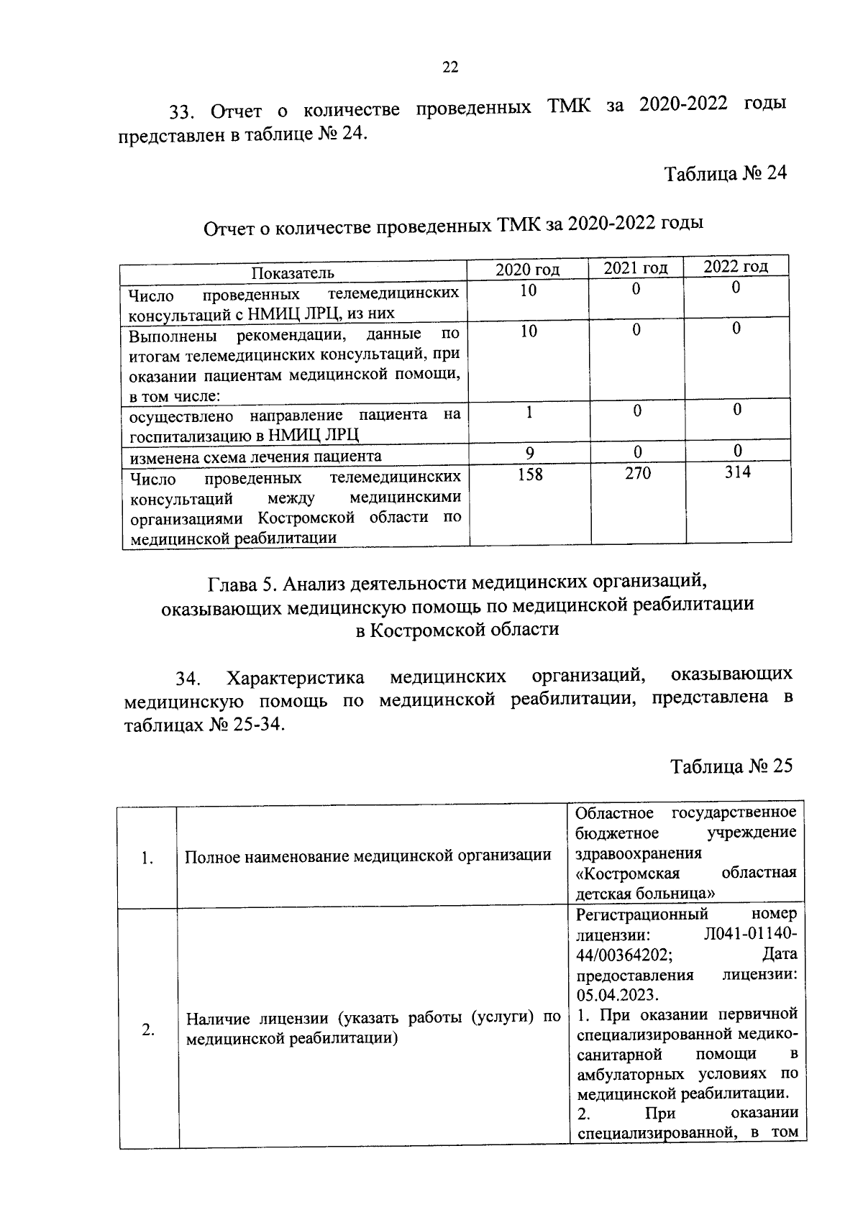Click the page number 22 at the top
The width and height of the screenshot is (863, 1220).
click(x=449, y=68)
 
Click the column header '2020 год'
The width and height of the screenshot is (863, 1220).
click(x=527, y=270)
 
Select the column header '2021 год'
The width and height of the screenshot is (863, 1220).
click(x=635, y=268)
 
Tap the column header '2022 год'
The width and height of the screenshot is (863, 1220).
click(x=735, y=266)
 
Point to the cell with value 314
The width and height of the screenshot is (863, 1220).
click(x=737, y=472)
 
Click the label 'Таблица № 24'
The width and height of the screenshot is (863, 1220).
click(x=726, y=174)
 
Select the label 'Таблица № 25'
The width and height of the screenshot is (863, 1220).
click(x=731, y=766)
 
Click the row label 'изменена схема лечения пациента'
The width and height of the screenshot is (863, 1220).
click(x=255, y=457)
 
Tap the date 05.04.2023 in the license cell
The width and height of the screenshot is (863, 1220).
click(x=617, y=994)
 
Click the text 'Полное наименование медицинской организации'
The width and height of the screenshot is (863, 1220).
click(x=368, y=856)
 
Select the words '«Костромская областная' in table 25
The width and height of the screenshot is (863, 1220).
click(x=686, y=873)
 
